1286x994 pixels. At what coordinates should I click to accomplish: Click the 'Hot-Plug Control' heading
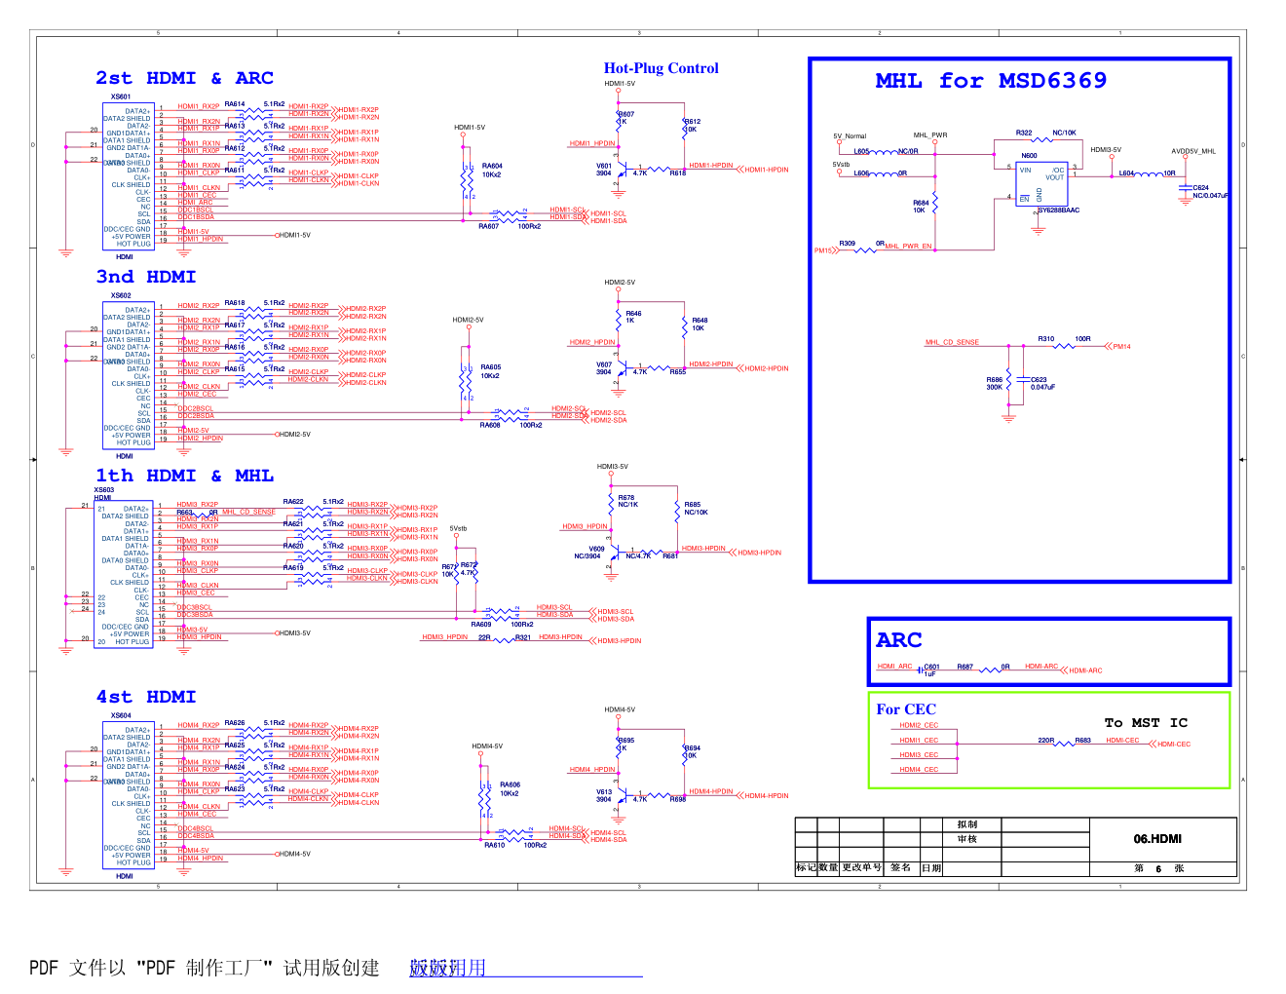coord(661,68)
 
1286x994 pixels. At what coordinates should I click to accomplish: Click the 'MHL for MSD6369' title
coord(991,81)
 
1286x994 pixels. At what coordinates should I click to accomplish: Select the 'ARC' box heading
coord(898,640)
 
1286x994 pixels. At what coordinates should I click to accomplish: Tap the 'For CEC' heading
coord(906,709)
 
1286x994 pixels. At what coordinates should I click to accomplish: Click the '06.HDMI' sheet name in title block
coord(1157,839)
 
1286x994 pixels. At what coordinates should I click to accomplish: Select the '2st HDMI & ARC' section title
coord(184,78)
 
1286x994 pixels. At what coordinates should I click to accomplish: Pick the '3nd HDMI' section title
coord(146,277)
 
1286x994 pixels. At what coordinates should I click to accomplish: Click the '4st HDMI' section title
coord(146,697)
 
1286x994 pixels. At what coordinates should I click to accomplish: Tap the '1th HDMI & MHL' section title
coord(184,476)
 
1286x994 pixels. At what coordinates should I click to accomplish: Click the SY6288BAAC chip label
coord(1058,210)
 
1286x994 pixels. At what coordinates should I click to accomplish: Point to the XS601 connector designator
coord(121,96)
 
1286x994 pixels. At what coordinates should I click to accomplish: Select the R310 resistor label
coord(1045,339)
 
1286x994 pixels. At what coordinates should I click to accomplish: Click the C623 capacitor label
coord(1039,380)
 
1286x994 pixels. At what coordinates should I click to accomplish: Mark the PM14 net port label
coord(1121,346)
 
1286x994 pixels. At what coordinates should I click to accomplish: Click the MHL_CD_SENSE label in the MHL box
coord(952,343)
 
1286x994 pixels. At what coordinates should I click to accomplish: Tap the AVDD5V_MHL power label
coord(1193,152)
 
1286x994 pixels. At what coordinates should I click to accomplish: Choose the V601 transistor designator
coord(604,166)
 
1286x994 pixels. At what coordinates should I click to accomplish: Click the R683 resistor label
coord(1082,741)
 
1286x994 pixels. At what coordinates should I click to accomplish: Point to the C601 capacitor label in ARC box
coord(931,668)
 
